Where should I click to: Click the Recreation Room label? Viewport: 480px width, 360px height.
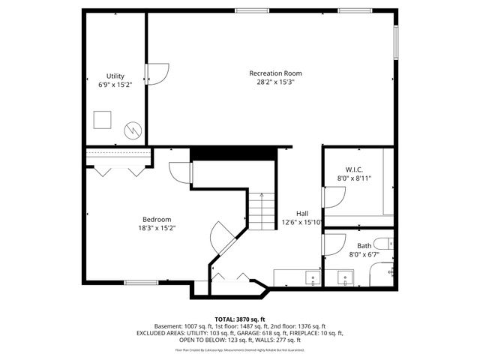275,73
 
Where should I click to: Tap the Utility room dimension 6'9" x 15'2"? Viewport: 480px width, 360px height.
115,85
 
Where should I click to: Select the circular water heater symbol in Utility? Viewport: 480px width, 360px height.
133,130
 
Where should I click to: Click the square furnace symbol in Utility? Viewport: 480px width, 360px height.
102,120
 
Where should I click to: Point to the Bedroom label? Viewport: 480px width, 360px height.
157,219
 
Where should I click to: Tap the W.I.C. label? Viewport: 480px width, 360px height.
354,169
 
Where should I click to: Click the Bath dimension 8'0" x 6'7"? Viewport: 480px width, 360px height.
364,254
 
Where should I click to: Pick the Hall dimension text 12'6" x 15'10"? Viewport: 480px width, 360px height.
301,222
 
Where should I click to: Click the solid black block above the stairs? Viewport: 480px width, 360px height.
234,154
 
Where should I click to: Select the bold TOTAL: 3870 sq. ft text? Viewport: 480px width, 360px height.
240,319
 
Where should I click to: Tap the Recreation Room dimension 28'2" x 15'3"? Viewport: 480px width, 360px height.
275,82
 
